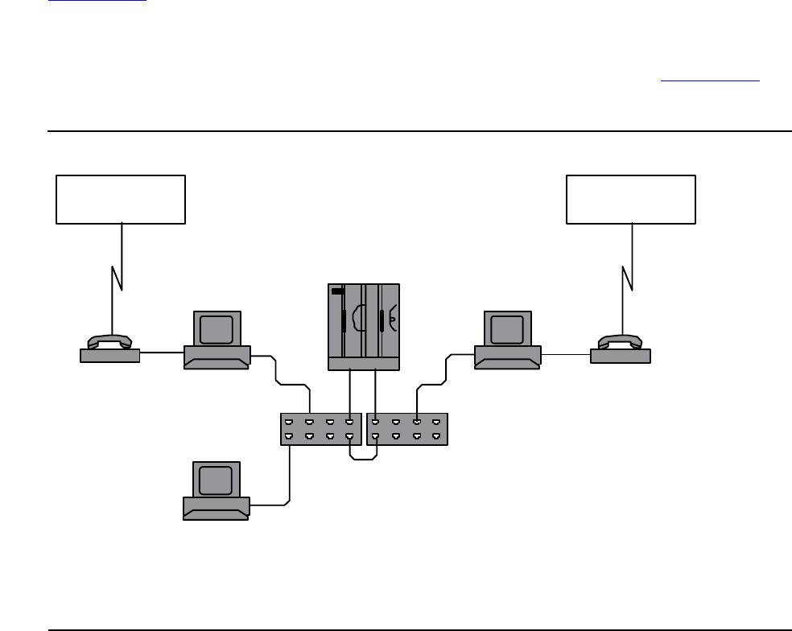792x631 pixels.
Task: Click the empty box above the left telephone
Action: (x=121, y=198)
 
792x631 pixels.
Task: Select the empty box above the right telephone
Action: (x=631, y=198)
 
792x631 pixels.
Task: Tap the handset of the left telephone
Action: (x=110, y=340)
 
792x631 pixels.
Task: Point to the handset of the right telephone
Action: (x=620, y=340)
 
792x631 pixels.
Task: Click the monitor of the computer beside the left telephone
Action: (x=217, y=330)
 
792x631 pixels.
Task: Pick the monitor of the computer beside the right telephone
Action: (x=507, y=330)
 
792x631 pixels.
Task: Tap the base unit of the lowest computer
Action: (x=216, y=508)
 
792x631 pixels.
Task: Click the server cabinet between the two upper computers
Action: (x=364, y=326)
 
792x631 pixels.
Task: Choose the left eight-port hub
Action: (x=320, y=429)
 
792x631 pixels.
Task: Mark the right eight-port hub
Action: (x=406, y=429)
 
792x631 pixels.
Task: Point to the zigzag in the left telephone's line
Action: (x=118, y=278)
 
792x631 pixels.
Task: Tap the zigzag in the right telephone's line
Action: (x=629, y=278)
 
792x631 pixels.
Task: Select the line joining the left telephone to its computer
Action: (x=162, y=353)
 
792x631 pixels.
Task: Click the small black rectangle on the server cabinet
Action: (x=337, y=291)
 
